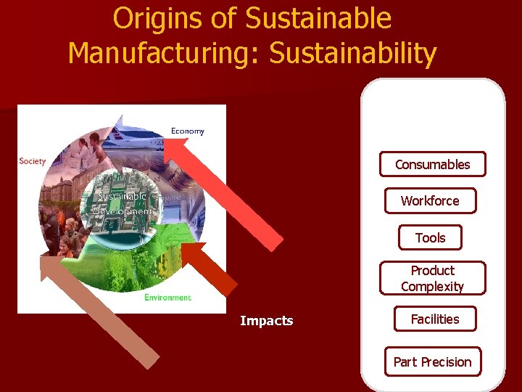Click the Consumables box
tap(433, 164)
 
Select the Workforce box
tap(430, 200)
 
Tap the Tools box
tap(430, 237)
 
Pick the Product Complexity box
tap(433, 278)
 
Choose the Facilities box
tap(435, 319)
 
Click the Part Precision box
tap(432, 362)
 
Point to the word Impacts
tap(267, 321)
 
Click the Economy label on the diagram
tap(188, 131)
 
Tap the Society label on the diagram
tap(33, 161)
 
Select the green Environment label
tap(167, 298)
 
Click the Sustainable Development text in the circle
tap(123, 203)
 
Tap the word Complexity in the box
tap(433, 286)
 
